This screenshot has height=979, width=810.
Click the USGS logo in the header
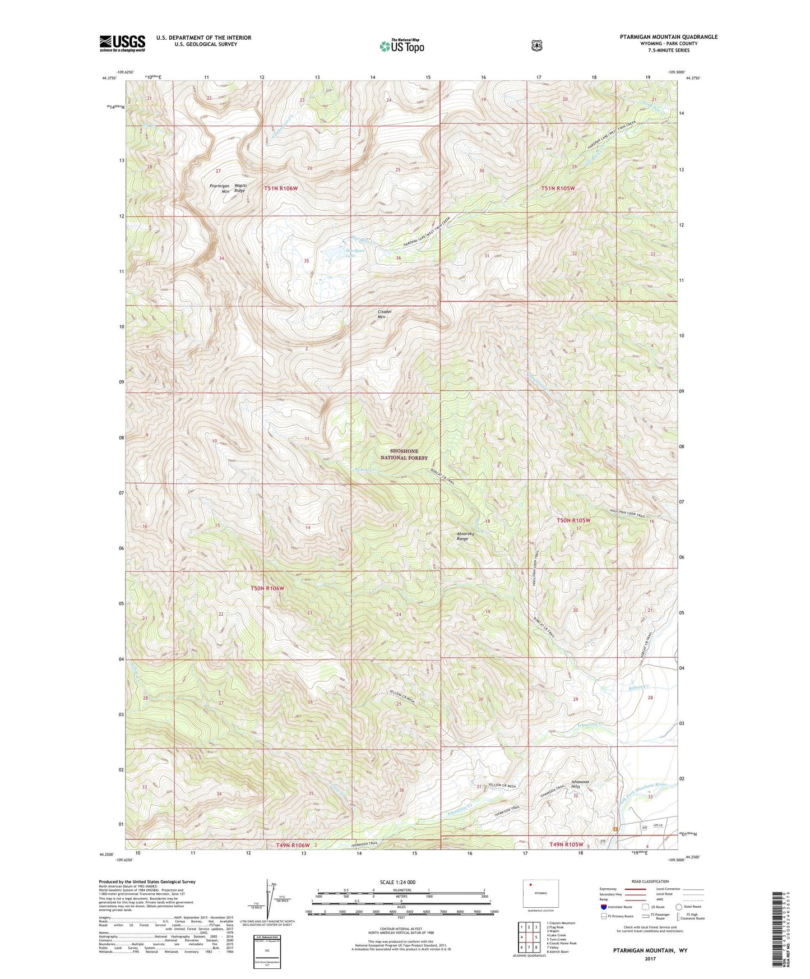[x=122, y=43]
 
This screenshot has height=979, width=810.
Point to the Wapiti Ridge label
[x=239, y=188]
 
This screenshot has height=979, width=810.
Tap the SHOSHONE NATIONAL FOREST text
[x=408, y=454]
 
